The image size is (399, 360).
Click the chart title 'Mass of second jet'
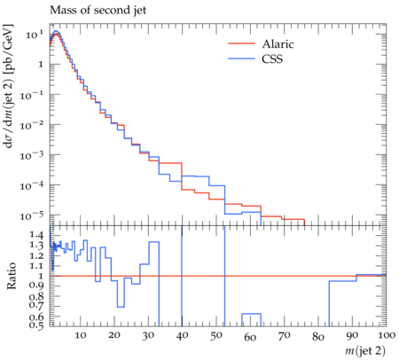[98, 11]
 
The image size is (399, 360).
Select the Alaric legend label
[278, 44]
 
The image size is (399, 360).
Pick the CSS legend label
[272, 59]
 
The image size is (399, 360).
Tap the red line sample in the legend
[241, 43]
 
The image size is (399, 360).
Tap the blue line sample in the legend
[241, 59]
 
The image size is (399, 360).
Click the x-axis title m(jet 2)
[365, 350]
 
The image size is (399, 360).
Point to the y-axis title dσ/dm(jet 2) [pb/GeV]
[8, 86]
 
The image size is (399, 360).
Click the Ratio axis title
[11, 276]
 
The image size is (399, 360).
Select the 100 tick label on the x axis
[386, 335]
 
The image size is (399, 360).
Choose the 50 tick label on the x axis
[216, 335]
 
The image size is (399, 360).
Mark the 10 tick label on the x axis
[80, 335]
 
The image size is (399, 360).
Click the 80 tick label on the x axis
[318, 336]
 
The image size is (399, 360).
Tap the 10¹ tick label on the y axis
[35, 35]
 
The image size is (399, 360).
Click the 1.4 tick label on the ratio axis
[36, 235]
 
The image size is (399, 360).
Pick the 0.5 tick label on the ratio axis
[36, 325]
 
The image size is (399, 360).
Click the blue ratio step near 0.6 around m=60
[251, 314]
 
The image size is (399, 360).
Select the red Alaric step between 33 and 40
[170, 163]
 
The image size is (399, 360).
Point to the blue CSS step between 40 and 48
[195, 176]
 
